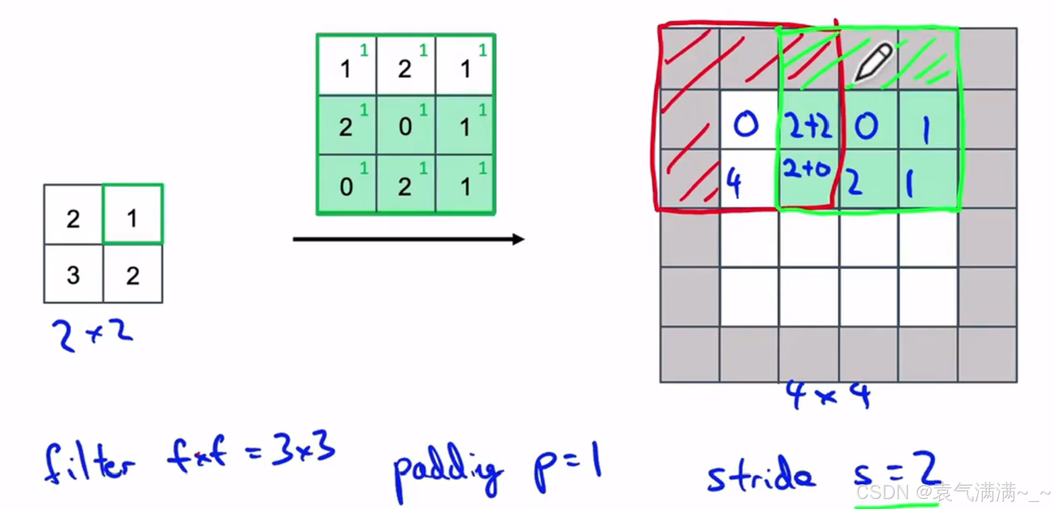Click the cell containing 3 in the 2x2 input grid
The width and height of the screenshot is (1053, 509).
click(x=73, y=274)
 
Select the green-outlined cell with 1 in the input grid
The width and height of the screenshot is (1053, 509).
click(x=133, y=214)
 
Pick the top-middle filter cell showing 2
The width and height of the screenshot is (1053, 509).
click(x=405, y=66)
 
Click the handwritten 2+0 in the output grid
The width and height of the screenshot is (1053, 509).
click(x=807, y=169)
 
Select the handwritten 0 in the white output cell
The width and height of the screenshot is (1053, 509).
click(x=746, y=125)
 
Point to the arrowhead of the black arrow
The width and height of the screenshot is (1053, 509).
click(x=518, y=239)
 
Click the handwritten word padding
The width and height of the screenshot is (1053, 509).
click(x=448, y=470)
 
